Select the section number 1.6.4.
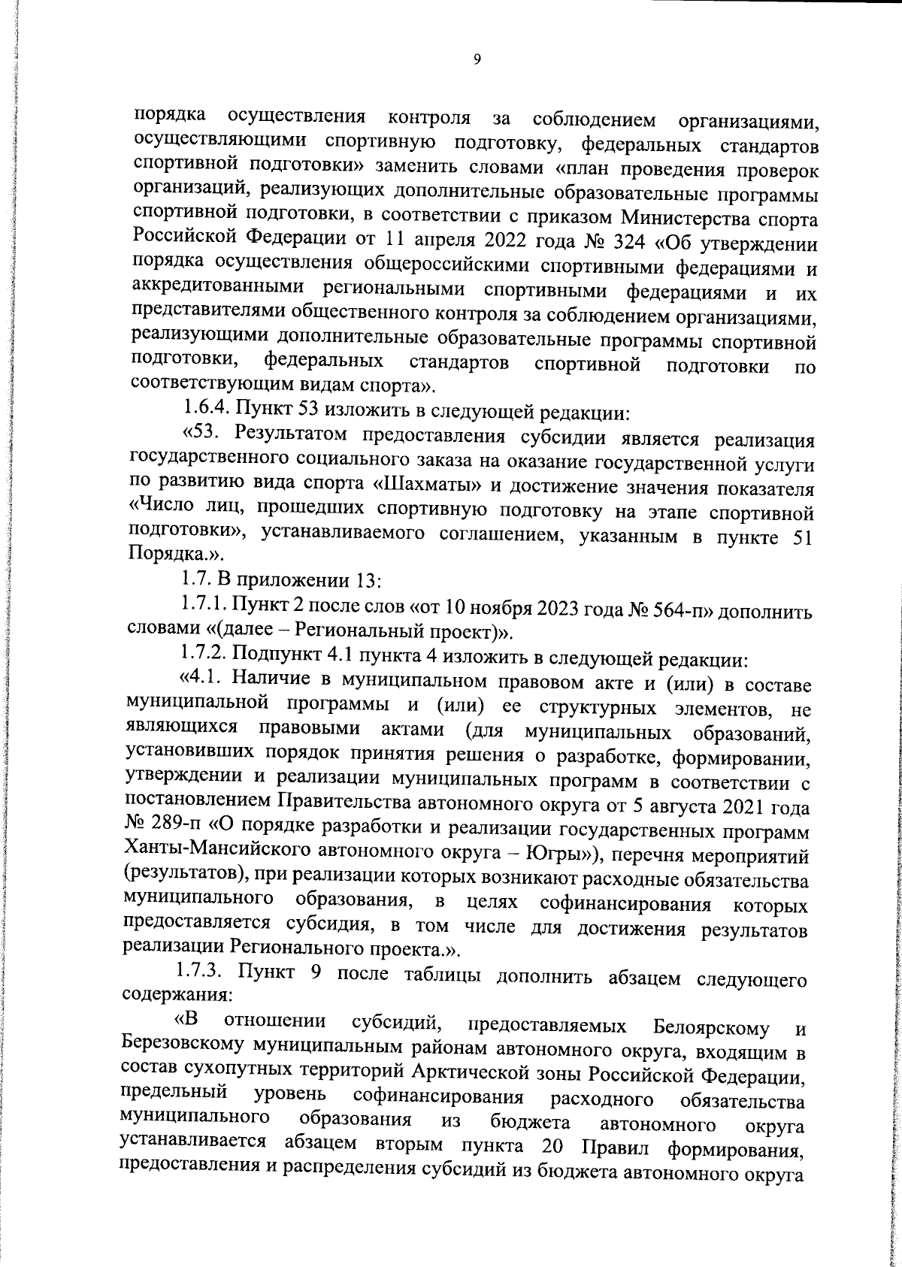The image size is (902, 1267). [207, 410]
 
